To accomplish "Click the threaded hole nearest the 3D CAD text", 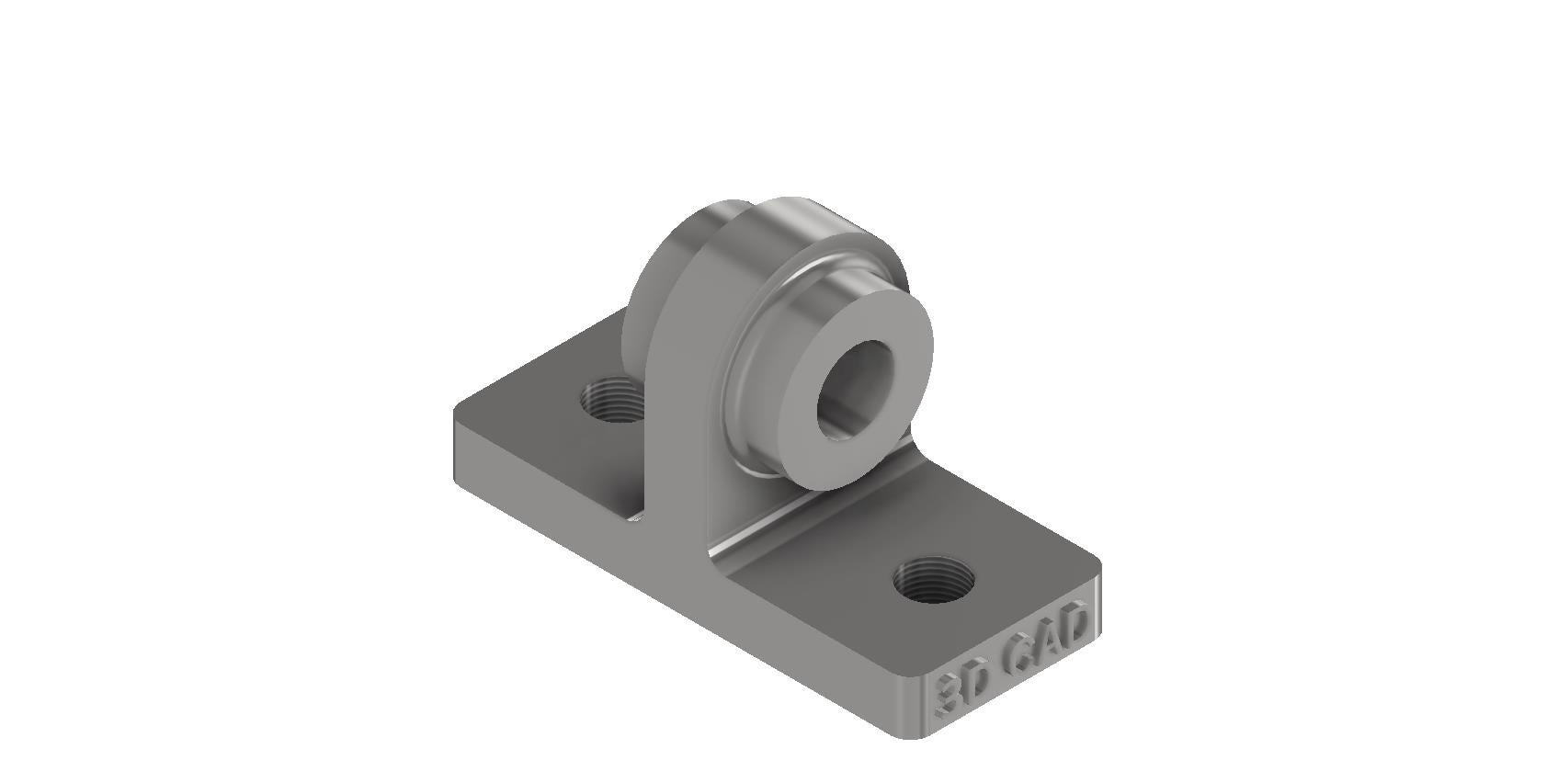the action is pos(935,580).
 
